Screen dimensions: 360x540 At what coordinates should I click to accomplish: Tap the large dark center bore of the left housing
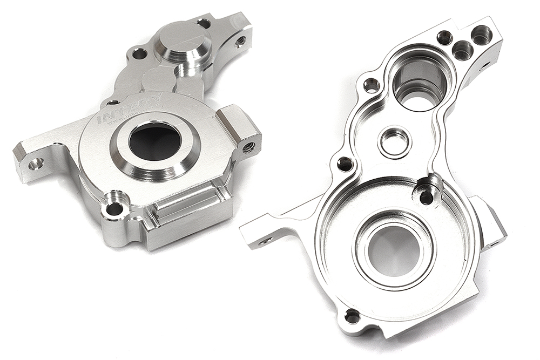coord(155,141)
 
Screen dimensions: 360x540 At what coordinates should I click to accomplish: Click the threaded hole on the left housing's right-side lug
coord(249,146)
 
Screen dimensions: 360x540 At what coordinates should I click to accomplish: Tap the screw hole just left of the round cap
coord(139,54)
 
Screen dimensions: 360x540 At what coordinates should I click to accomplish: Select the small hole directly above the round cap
coord(204,23)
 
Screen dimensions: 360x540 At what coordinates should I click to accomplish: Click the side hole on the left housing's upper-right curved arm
coord(241,40)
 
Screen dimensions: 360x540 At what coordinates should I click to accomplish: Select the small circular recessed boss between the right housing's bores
coord(394,141)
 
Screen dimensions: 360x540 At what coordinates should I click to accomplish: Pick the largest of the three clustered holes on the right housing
coord(481,36)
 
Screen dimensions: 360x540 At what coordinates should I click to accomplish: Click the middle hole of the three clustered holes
coord(462,51)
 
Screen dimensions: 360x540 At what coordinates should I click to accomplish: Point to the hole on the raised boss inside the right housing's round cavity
coord(427,196)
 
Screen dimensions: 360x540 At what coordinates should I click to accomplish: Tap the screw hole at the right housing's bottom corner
coord(352,316)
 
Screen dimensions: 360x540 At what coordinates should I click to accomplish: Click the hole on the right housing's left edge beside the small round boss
coord(344,164)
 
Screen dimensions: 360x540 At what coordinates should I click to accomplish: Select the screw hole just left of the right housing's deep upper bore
coord(371,85)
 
